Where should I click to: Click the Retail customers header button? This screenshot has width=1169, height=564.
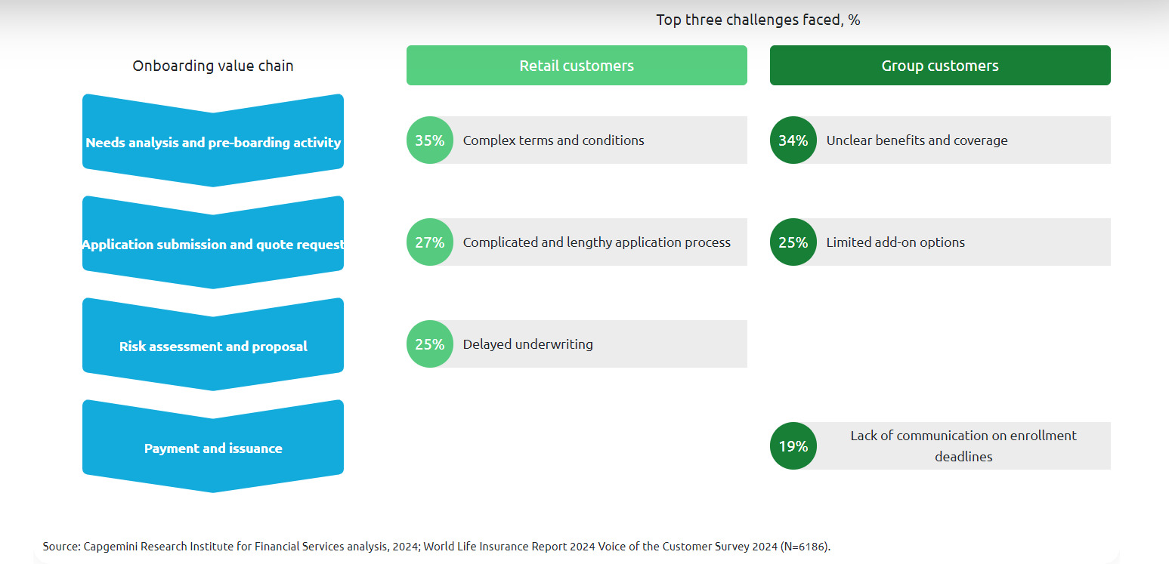tap(577, 66)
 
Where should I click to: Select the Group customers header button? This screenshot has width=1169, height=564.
tap(940, 66)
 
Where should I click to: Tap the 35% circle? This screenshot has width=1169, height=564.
tap(430, 140)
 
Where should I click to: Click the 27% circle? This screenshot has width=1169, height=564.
tap(430, 242)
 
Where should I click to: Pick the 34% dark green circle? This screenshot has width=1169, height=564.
tap(793, 140)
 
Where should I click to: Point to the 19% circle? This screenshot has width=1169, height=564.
tap(793, 446)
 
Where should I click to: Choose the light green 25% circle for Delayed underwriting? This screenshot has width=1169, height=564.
tap(430, 344)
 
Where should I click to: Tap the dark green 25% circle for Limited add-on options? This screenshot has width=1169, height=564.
tap(793, 242)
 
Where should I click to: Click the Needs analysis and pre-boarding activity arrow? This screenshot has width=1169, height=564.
tap(213, 142)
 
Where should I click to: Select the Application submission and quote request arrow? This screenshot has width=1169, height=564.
tap(213, 244)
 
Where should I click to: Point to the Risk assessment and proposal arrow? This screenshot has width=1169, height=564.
tap(213, 346)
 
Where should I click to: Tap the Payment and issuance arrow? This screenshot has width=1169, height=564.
tap(213, 448)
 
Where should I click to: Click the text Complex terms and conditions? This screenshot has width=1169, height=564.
tap(554, 140)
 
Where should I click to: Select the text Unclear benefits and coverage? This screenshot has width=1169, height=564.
tap(917, 140)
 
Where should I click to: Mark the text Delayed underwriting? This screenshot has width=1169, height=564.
tap(528, 344)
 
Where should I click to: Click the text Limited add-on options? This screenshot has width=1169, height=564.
tap(895, 242)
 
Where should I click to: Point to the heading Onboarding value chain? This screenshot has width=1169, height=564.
tap(213, 66)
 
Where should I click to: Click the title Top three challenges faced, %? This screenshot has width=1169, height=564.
tap(758, 20)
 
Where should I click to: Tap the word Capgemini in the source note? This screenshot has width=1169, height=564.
tap(107, 547)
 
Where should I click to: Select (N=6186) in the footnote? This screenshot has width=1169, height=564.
tap(804, 547)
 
